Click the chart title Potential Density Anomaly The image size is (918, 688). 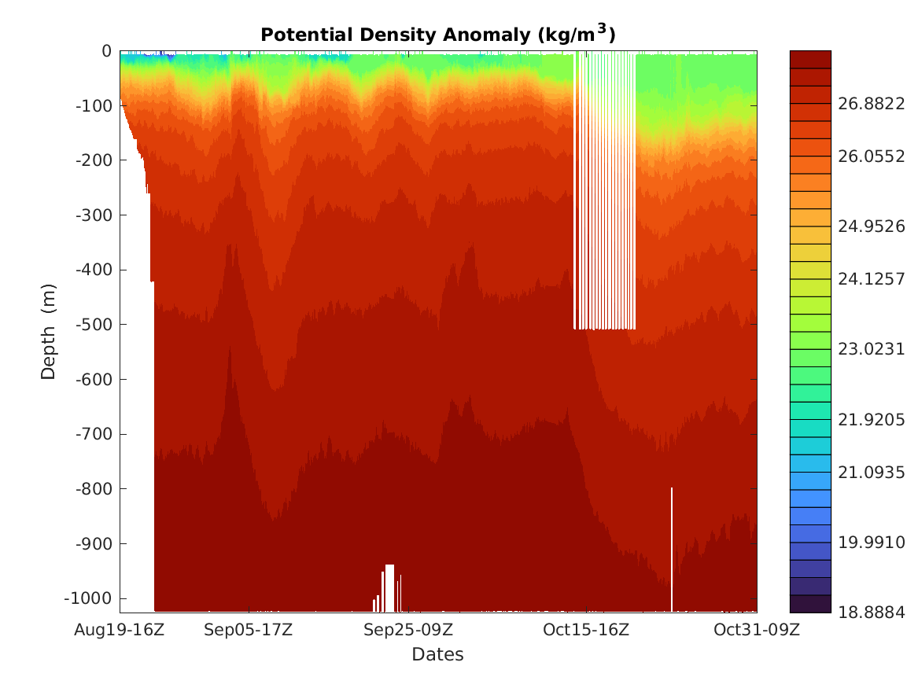tap(437, 34)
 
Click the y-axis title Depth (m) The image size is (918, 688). tap(49, 331)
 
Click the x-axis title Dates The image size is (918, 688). tap(437, 654)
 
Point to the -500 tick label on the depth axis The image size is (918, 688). tap(93, 325)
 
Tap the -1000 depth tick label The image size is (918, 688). tap(89, 598)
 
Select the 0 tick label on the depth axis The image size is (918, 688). tap(105, 51)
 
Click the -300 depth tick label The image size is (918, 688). tap(93, 215)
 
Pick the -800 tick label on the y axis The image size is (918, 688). tap(93, 489)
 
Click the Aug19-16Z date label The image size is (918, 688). tap(120, 630)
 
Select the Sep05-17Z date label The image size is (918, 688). tap(249, 630)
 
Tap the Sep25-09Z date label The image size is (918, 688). tap(408, 630)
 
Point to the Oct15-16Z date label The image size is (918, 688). tap(586, 630)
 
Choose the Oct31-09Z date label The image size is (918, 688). tap(757, 630)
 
